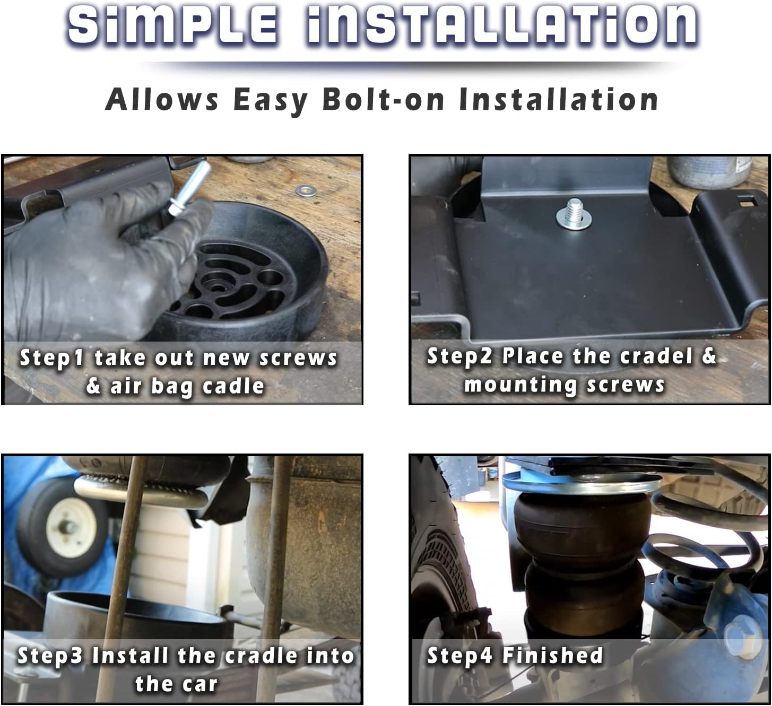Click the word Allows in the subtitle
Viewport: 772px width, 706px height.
pyautogui.click(x=162, y=99)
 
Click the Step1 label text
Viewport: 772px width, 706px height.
pyautogui.click(x=52, y=358)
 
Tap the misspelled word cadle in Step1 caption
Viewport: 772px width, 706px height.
pyautogui.click(x=233, y=386)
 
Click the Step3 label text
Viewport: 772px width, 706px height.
pyautogui.click(x=50, y=656)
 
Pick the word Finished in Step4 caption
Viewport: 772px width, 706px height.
pyautogui.click(x=552, y=656)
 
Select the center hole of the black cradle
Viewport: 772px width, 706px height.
pyautogui.click(x=218, y=286)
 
